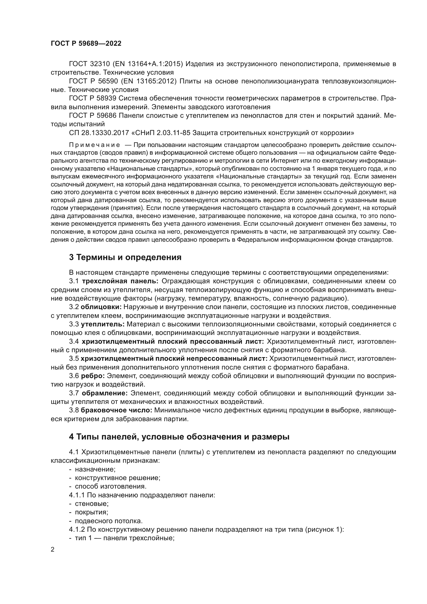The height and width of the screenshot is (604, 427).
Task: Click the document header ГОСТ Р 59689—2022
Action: tap(86, 44)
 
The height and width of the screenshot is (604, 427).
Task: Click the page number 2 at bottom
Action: tap(53, 550)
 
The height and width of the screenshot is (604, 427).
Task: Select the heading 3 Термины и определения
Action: tap(125, 257)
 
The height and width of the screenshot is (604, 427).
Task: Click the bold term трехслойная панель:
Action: tap(120, 281)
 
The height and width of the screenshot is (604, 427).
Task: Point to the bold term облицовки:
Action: tap(101, 307)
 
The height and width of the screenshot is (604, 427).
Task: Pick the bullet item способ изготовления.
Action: tap(110, 487)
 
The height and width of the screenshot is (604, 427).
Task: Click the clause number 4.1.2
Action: tap(77, 530)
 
